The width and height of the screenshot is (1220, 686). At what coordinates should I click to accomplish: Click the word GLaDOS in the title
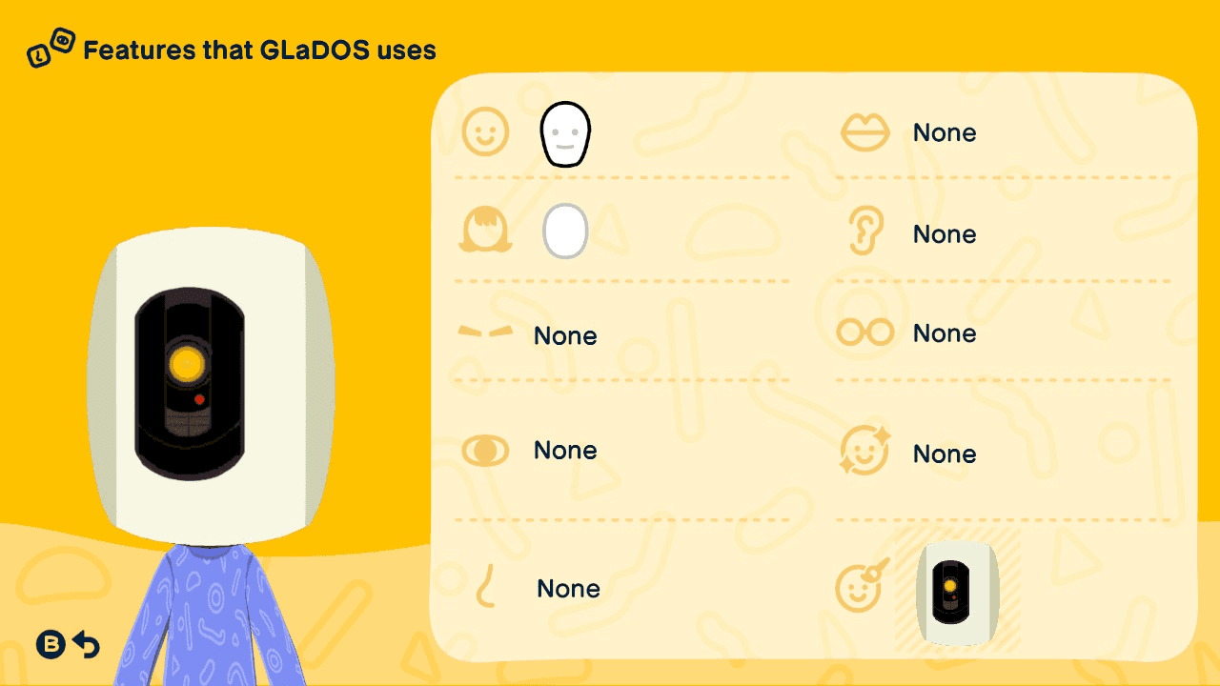click(315, 50)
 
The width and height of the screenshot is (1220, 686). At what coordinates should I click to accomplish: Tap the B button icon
click(51, 645)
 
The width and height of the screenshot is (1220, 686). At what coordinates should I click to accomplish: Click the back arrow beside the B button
click(87, 645)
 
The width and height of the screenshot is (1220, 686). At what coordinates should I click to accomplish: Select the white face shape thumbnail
click(565, 134)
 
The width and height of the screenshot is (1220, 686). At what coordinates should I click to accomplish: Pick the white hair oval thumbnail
click(565, 231)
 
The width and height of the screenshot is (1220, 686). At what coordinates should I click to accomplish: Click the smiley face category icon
click(485, 131)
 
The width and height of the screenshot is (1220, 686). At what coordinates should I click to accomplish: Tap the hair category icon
click(485, 230)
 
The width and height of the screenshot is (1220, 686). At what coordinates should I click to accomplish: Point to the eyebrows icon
click(485, 331)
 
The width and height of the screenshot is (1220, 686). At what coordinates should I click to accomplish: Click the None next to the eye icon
click(565, 451)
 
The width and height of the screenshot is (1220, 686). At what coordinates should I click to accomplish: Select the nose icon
click(485, 586)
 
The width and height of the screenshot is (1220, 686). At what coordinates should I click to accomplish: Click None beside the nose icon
click(569, 589)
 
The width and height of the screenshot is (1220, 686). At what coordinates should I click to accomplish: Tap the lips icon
click(864, 132)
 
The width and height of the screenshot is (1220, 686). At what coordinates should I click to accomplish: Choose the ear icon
click(864, 231)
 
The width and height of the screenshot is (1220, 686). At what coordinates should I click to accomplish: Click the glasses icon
click(864, 333)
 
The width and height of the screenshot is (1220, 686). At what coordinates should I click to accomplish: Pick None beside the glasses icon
click(945, 333)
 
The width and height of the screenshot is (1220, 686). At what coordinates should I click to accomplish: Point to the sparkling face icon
click(864, 451)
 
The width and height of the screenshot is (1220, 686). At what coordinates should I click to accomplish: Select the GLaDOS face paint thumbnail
click(957, 592)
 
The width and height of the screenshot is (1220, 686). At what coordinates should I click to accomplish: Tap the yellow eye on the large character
click(187, 364)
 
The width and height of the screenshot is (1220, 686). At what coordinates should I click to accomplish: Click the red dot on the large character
click(199, 400)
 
